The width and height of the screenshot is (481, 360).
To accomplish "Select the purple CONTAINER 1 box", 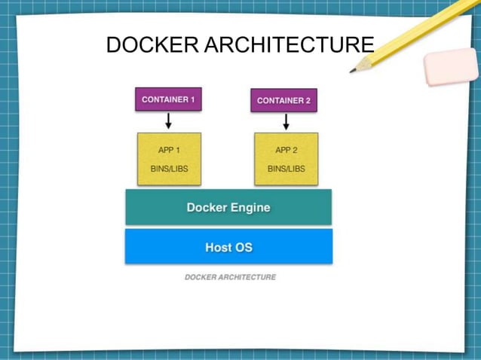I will pyautogui.click(x=168, y=99).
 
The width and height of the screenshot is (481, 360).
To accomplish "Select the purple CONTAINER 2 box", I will pyautogui.click(x=283, y=100).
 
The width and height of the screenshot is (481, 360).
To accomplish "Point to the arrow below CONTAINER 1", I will pyautogui.click(x=168, y=121).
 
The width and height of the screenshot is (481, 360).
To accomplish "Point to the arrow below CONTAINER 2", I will pyautogui.click(x=286, y=121).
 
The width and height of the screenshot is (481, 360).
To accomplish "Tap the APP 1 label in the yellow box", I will pyautogui.click(x=168, y=150).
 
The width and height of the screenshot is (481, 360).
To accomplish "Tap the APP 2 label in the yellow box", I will pyautogui.click(x=286, y=150).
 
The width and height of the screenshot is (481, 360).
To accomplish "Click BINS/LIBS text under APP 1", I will pyautogui.click(x=168, y=169).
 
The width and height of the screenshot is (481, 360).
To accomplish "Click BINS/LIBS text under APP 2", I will pyautogui.click(x=286, y=169).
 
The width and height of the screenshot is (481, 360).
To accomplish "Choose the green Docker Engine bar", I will pyautogui.click(x=228, y=207).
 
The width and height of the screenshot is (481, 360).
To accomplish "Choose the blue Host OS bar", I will pyautogui.click(x=228, y=247).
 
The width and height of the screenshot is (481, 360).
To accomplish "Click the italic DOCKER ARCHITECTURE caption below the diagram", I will pyautogui.click(x=230, y=277).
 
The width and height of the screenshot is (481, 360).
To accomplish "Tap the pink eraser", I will pyautogui.click(x=451, y=67).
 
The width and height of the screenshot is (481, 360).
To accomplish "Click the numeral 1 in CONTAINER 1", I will pyautogui.click(x=191, y=99).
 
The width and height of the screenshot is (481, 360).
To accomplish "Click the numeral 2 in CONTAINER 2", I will pyautogui.click(x=307, y=100).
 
